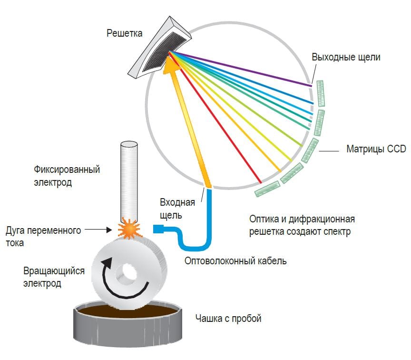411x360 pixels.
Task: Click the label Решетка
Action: coord(124,33)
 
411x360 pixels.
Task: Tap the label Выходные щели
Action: coord(346,57)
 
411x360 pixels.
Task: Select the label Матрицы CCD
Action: coord(376,150)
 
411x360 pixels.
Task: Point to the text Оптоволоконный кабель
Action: coord(235,261)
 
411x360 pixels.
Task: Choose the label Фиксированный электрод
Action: coord(67,176)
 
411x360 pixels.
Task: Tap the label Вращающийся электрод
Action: coord(54,277)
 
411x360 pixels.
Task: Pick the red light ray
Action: coord(219,124)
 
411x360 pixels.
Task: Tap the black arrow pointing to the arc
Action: coord(102,230)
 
